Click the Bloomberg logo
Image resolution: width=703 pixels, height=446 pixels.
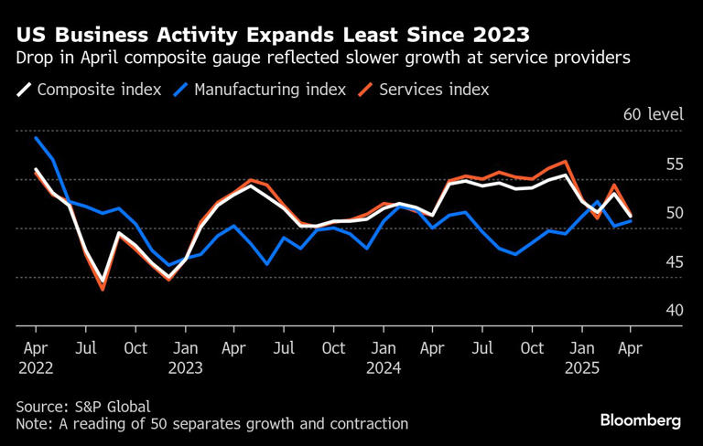coord(641,420)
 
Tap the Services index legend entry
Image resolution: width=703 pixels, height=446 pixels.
coord(425,90)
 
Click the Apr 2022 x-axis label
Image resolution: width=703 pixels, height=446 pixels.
coord(35,357)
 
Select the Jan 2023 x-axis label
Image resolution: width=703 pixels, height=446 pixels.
coord(185,357)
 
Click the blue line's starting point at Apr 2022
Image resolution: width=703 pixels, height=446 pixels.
coord(36,138)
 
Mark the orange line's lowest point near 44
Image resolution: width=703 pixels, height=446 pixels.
coord(103,289)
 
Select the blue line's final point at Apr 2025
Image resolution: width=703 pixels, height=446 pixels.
coord(631,220)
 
